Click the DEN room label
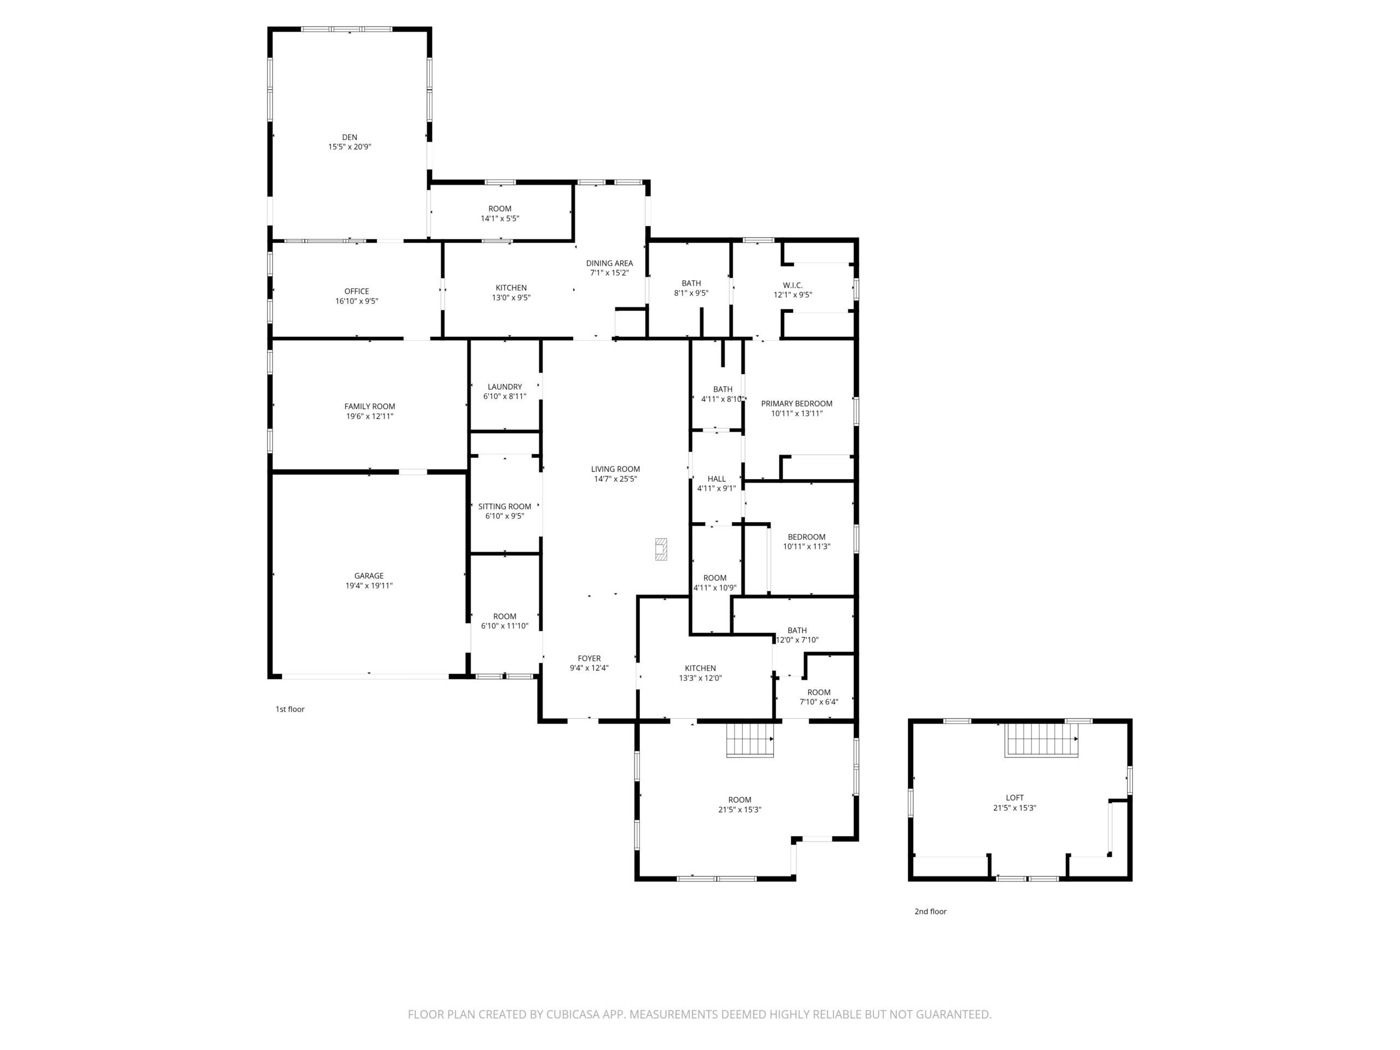tap(349, 137)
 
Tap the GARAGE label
tap(369, 576)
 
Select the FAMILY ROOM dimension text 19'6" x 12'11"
tap(370, 417)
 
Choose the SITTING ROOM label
tap(504, 506)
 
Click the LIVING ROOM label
tap(615, 469)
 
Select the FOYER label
tap(589, 658)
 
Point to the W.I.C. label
tap(792, 285)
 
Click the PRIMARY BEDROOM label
tap(796, 404)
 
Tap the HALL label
tap(716, 479)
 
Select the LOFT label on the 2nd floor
tap(1014, 798)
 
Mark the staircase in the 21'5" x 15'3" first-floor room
tap(750, 740)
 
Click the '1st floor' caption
tap(290, 709)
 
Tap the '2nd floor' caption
tap(930, 912)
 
